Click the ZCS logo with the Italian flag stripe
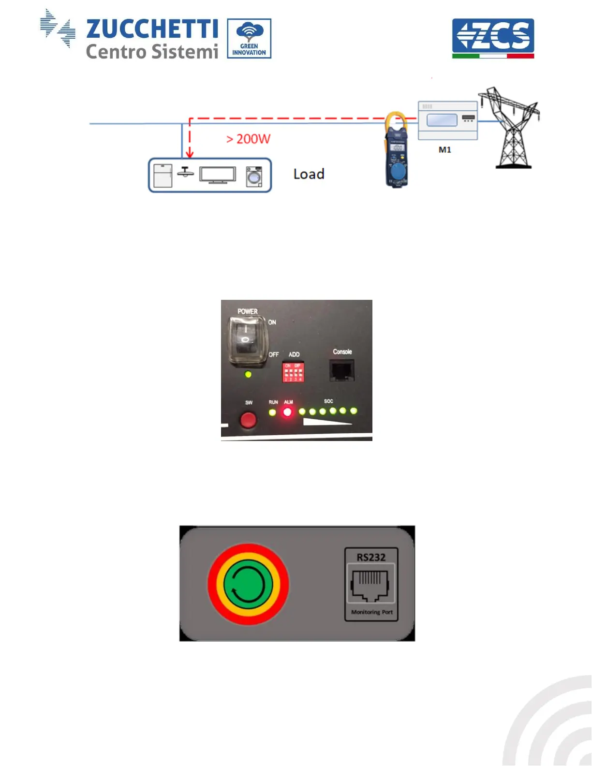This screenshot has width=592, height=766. [493, 38]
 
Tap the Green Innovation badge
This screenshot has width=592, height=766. [249, 39]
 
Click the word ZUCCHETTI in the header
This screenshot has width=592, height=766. [152, 29]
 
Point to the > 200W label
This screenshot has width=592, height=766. [249, 139]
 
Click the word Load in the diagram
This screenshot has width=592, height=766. [309, 174]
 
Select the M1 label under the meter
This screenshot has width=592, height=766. [444, 150]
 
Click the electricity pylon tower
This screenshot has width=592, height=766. [512, 128]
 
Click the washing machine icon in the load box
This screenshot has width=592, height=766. [253, 177]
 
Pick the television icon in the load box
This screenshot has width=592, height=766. [218, 176]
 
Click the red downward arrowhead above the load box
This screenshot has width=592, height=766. [190, 153]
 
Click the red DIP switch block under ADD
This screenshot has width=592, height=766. [293, 372]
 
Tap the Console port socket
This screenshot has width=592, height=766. [341, 370]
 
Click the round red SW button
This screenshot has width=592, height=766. [248, 420]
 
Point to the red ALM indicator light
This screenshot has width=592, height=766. [288, 412]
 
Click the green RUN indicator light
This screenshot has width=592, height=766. [273, 412]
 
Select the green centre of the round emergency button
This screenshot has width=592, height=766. [248, 584]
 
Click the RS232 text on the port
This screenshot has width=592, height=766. [371, 557]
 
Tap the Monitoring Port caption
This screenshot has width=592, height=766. [371, 612]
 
